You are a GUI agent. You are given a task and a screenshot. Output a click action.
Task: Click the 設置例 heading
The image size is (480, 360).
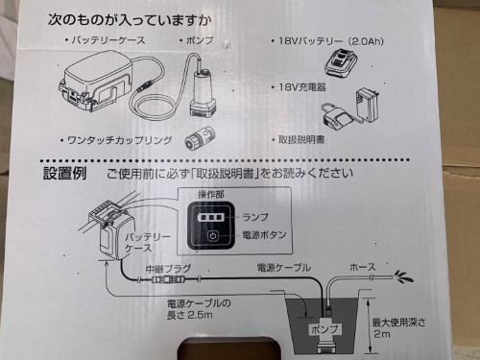click(x=65, y=175)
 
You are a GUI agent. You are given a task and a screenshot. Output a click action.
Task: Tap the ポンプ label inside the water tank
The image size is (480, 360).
click(x=322, y=328)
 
